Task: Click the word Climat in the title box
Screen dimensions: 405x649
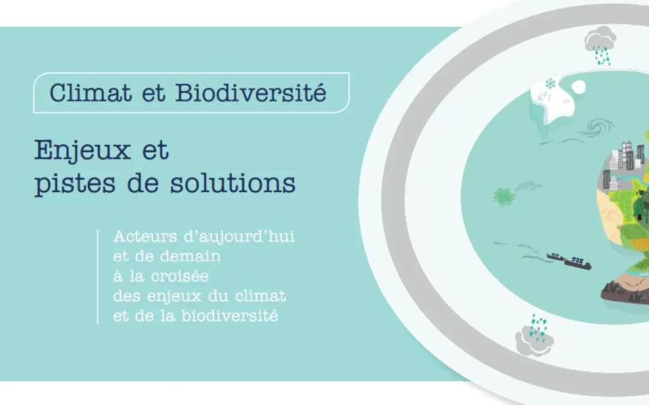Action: point(83,94)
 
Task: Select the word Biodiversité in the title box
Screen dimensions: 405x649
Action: point(251,94)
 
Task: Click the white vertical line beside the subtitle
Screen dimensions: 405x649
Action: point(97,277)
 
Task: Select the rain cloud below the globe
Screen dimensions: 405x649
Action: point(533,335)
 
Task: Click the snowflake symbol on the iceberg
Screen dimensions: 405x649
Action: point(550,83)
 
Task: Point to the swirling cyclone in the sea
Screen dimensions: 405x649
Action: point(599,127)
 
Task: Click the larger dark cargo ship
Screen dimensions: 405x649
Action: point(576,263)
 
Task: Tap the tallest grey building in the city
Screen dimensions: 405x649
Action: point(627,155)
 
